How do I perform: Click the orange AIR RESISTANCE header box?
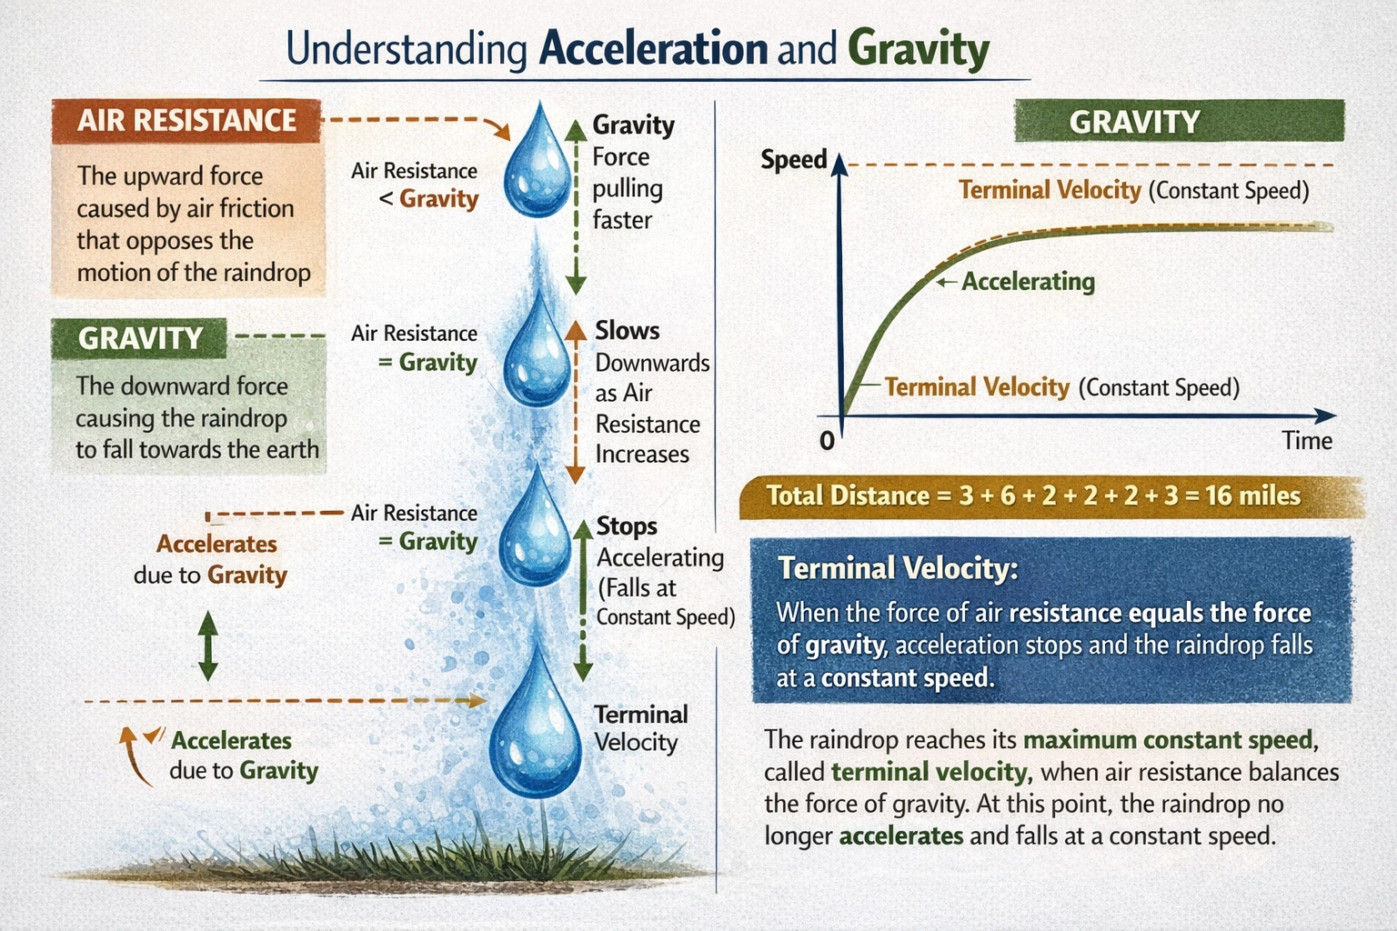(x=186, y=121)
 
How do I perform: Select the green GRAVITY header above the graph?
(x=1179, y=122)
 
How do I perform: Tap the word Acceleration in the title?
(x=653, y=49)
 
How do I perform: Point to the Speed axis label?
(x=793, y=160)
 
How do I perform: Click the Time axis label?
(x=1307, y=441)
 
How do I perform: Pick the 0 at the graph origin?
(x=827, y=441)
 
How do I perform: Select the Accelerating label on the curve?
(x=1028, y=282)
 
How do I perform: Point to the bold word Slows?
(x=627, y=331)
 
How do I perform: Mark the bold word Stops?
(x=627, y=526)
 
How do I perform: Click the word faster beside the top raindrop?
(x=622, y=220)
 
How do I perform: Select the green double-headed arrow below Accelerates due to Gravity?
(x=208, y=646)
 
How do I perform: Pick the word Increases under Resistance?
(x=642, y=455)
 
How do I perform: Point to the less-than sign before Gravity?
(x=387, y=199)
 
